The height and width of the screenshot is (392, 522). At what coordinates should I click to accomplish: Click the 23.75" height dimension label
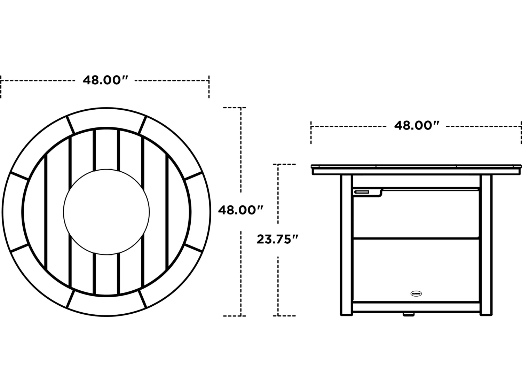pos(277,240)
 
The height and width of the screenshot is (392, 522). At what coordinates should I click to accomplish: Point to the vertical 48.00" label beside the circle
pos(240,210)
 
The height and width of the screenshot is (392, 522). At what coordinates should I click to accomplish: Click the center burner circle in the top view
pos(106,212)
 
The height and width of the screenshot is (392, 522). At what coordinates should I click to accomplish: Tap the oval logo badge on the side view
pos(416,293)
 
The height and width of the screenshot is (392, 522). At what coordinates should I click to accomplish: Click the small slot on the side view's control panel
pos(362,191)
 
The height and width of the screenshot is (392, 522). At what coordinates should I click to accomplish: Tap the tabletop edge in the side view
pos(416,170)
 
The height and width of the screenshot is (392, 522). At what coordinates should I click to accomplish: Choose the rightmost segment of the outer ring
pos(200,212)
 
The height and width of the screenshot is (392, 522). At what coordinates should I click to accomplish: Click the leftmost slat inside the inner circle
pos(34,212)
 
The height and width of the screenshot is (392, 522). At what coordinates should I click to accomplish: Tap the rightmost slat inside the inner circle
pos(179,212)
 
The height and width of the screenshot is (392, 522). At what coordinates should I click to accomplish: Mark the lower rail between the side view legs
pos(416,306)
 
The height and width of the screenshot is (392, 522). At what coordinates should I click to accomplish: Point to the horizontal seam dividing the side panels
pos(416,238)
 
